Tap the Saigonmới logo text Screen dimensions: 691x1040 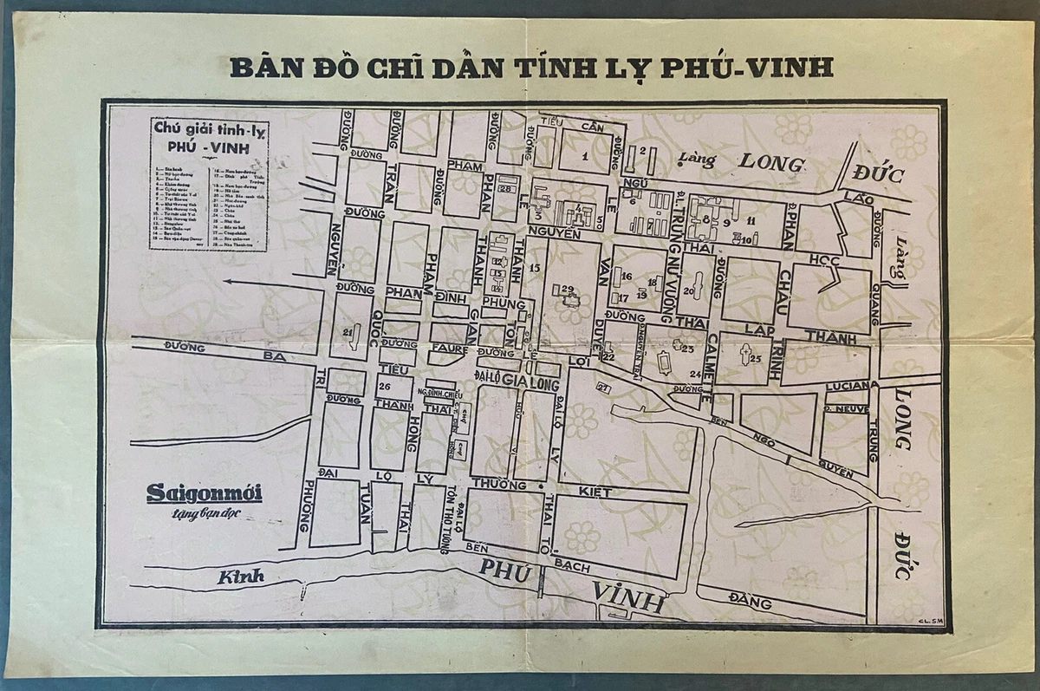[x=204, y=494]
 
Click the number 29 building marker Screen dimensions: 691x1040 [x=568, y=289]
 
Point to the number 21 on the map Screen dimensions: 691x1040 [x=348, y=331]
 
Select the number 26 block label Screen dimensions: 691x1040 [x=385, y=386]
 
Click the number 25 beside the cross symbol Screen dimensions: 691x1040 [x=755, y=358]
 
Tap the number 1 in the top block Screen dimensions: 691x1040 [x=585, y=157]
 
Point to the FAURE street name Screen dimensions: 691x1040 [x=454, y=351]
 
